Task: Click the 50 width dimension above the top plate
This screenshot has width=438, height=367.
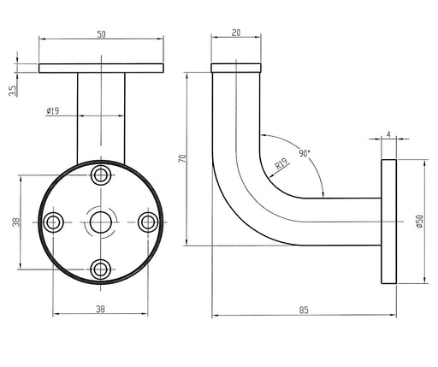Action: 101,34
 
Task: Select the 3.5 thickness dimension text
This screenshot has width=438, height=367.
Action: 13,91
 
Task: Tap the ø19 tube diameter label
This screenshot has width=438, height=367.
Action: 53,110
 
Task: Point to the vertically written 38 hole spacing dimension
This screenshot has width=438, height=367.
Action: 16,222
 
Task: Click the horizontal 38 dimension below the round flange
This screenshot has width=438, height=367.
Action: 100,309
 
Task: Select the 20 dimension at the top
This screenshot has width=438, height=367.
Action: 236,33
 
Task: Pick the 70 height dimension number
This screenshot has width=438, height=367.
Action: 182,158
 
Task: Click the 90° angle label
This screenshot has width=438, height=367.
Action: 305,153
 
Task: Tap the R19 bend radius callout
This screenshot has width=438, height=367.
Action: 281,164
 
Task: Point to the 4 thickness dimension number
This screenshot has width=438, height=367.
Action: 389,135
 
